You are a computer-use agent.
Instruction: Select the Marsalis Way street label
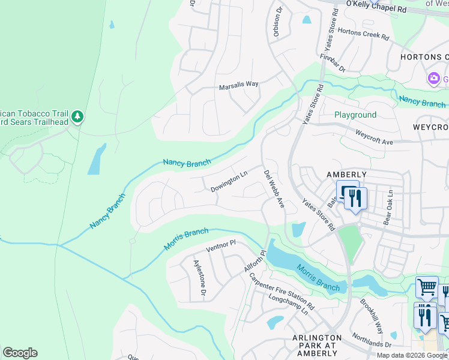coord(238,85)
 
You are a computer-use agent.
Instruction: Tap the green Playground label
coord(355,115)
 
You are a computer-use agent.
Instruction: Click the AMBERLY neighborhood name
coord(346,173)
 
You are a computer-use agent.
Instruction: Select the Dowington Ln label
coord(229,182)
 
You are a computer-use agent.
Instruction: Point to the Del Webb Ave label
coord(274,188)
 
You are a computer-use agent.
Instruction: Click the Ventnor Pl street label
coord(221,245)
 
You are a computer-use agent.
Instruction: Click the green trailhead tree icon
coord(77,116)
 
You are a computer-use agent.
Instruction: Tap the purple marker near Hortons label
coord(433,79)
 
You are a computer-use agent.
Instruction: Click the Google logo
coord(20,353)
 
